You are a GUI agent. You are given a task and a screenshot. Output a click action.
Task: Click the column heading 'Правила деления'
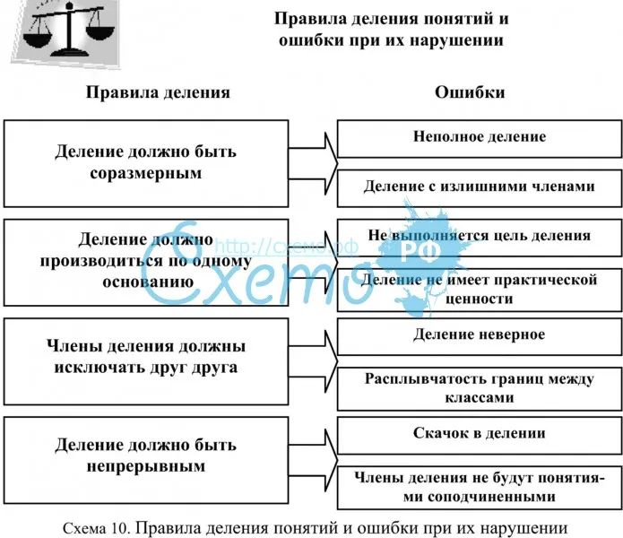pyautogui.click(x=158, y=92)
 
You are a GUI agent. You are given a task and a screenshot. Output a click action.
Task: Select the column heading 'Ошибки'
pyautogui.click(x=470, y=92)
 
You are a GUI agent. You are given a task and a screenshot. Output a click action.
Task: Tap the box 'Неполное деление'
pyautogui.click(x=480, y=137)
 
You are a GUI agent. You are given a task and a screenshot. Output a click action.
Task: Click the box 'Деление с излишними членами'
pyautogui.click(x=480, y=187)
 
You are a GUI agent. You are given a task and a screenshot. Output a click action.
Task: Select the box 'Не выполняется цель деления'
pyautogui.click(x=480, y=236)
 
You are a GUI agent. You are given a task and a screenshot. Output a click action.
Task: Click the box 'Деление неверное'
pyautogui.click(x=480, y=334)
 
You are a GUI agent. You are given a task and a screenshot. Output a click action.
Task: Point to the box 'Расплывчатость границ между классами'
pyautogui.click(x=480, y=388)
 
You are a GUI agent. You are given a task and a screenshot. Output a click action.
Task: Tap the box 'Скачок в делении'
pyautogui.click(x=480, y=433)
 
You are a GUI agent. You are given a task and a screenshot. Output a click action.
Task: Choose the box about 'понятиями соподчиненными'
pyautogui.click(x=480, y=487)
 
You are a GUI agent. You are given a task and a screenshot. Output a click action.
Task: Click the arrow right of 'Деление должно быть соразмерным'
pyautogui.click(x=321, y=162)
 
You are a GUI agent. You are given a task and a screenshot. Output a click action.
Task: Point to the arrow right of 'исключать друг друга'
pyautogui.click(x=321, y=357)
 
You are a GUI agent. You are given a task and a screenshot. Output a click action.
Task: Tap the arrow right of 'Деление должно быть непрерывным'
pyautogui.click(x=321, y=456)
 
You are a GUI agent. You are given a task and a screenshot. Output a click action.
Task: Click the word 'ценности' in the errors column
pyautogui.click(x=480, y=299)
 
